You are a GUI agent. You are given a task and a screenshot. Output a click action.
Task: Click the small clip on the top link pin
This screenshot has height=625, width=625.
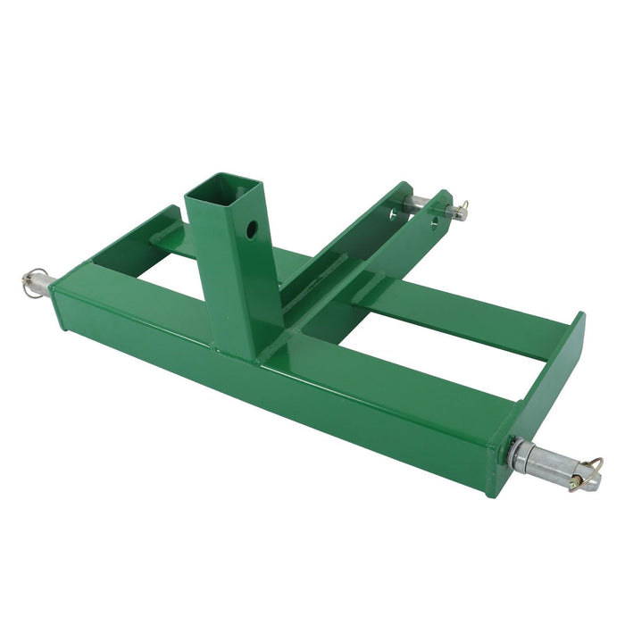[460, 211]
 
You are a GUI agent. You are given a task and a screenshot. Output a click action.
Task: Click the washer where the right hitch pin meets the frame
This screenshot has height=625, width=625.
[515, 454]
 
